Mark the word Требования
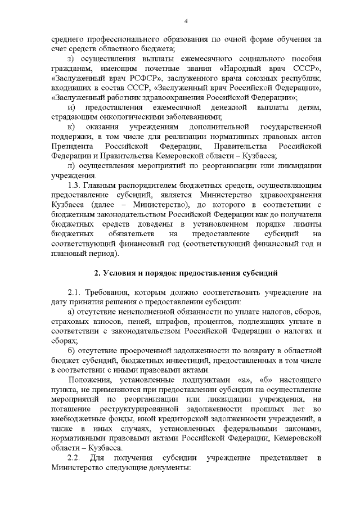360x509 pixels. click(x=111, y=292)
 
